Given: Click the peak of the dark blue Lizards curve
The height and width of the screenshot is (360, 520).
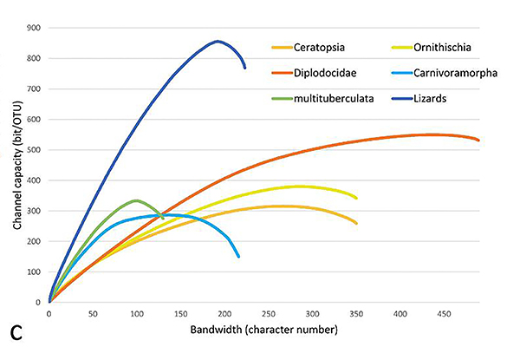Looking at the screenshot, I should click(x=218, y=41).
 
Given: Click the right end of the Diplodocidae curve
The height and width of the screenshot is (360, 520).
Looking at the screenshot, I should click(x=478, y=140).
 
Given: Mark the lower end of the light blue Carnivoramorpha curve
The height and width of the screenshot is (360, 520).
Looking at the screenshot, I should click(x=238, y=255).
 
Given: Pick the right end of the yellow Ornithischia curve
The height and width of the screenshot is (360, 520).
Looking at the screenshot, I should click(x=355, y=198).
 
